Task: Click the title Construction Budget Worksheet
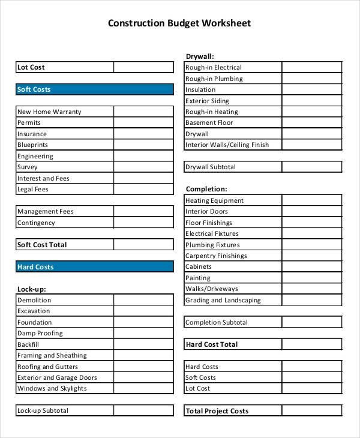[179, 23]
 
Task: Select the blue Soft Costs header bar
[94, 89]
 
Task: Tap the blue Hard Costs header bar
[94, 267]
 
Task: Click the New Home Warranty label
[49, 112]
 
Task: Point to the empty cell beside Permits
[143, 122]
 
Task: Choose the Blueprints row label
[33, 145]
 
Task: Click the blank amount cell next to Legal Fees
[143, 189]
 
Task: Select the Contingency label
[36, 223]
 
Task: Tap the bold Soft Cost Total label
[42, 245]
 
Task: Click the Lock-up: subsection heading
[32, 289]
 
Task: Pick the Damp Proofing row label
[40, 333]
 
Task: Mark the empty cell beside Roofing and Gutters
[143, 367]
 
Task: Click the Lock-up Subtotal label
[43, 410]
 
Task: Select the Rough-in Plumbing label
[214, 79]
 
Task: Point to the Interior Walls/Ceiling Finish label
[227, 145]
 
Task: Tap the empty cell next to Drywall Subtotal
[311, 167]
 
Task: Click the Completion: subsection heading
[206, 189]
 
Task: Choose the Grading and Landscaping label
[223, 300]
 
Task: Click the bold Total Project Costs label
[217, 411]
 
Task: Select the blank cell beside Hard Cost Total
[311, 344]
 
